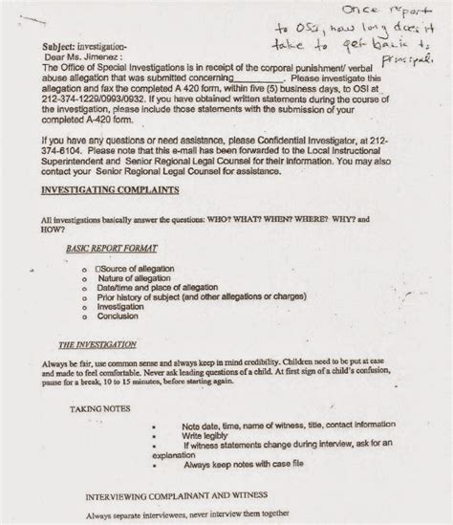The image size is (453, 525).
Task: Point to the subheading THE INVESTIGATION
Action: click(x=91, y=344)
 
